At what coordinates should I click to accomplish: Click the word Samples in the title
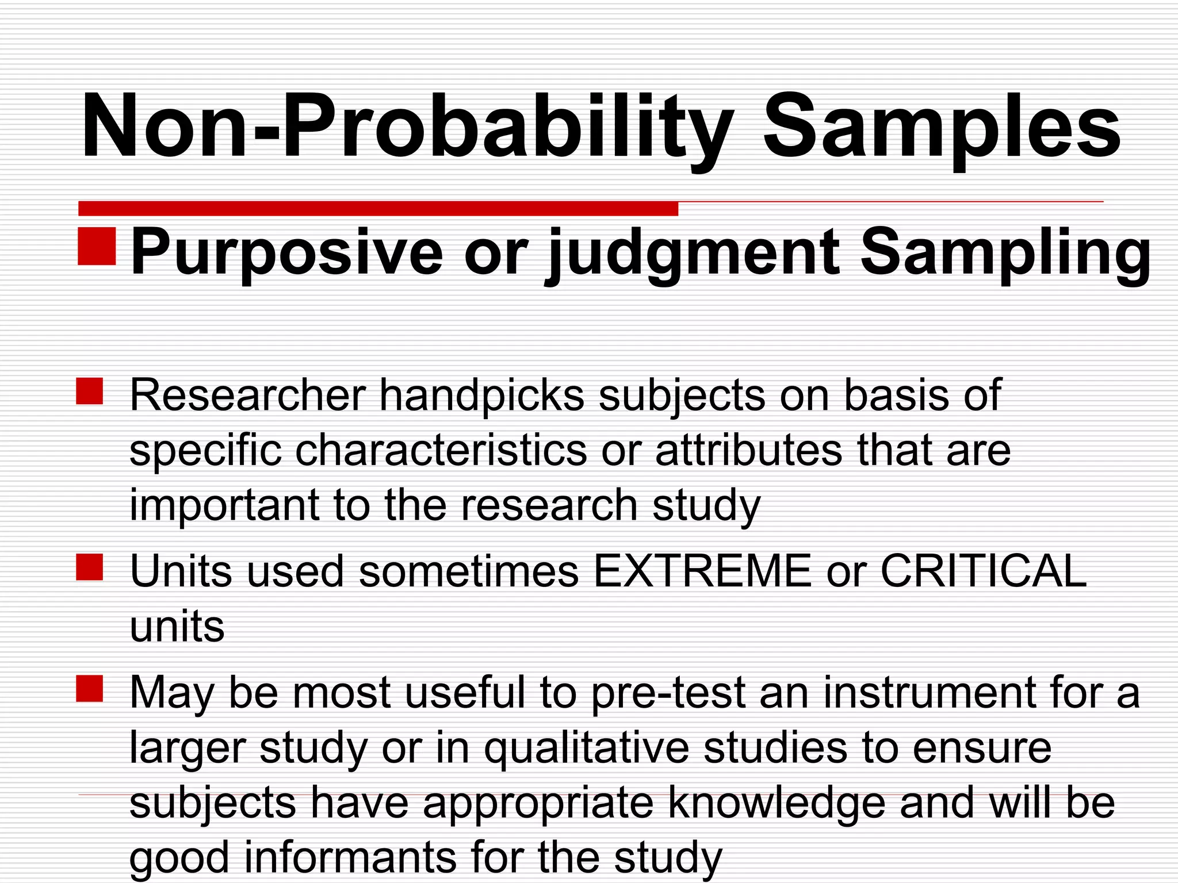point(941,128)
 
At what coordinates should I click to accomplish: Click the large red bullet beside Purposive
point(97,246)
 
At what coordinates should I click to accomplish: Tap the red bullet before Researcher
point(90,391)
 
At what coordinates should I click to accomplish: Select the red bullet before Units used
point(90,567)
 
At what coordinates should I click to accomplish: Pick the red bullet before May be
point(90,689)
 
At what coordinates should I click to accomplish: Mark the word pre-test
point(668,693)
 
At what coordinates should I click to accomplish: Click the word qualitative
point(586,747)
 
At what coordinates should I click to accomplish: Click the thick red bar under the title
point(378,208)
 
